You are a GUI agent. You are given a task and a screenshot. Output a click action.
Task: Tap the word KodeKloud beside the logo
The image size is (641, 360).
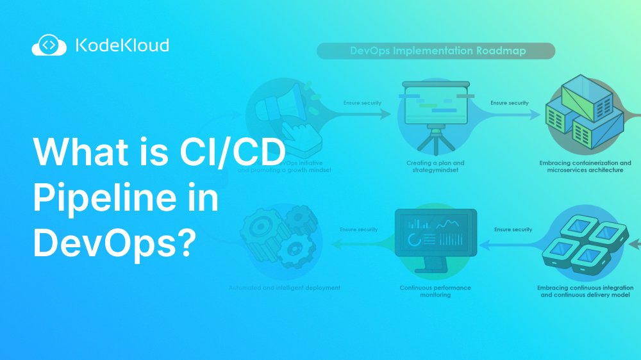click(x=122, y=45)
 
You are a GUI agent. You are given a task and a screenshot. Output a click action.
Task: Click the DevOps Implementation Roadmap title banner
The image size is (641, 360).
click(x=436, y=51)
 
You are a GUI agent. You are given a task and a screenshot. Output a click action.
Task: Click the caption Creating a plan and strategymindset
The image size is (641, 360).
click(x=436, y=167)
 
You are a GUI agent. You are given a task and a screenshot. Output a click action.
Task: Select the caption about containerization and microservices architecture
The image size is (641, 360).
click(x=585, y=167)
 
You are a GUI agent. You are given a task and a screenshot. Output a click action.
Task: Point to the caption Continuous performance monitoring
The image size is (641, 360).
click(x=435, y=291)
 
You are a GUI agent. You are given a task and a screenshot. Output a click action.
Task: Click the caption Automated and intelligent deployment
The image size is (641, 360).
click(x=285, y=288)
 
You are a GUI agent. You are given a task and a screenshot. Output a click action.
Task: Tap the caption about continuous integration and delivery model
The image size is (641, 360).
click(x=585, y=291)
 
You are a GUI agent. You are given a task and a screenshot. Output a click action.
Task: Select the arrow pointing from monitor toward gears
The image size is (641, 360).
click(x=362, y=242)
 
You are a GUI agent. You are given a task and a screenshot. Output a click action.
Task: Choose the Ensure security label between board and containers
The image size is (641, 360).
click(x=510, y=102)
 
